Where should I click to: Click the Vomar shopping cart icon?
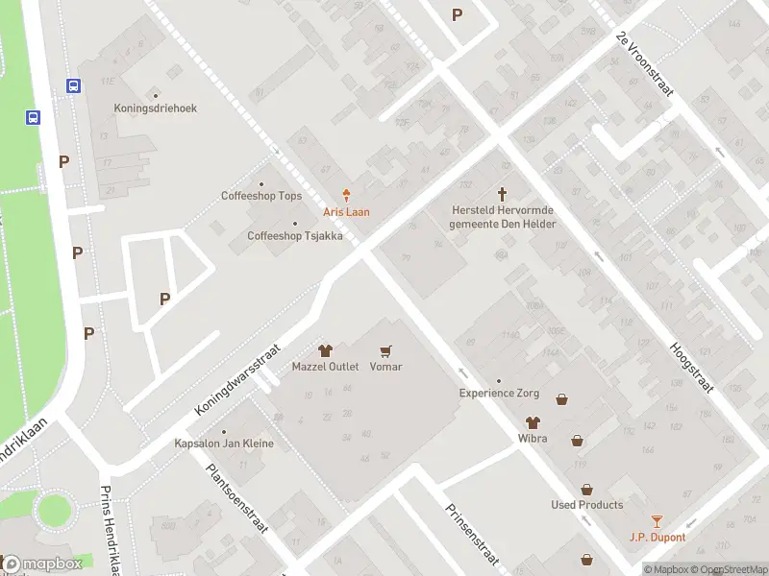pos(385,351)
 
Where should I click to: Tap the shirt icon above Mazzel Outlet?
pos(325,351)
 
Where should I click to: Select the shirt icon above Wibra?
pos(531,422)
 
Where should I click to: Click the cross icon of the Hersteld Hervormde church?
pos(502,194)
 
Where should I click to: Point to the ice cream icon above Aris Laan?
pos(345,196)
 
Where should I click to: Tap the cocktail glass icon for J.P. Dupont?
pos(657,521)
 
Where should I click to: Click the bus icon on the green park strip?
pos(33,118)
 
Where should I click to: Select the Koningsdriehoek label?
pos(155,108)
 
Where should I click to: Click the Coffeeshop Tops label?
pos(260,196)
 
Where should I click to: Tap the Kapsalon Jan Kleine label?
pos(223,444)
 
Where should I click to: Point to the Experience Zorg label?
pos(498,393)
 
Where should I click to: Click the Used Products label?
pos(586,505)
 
